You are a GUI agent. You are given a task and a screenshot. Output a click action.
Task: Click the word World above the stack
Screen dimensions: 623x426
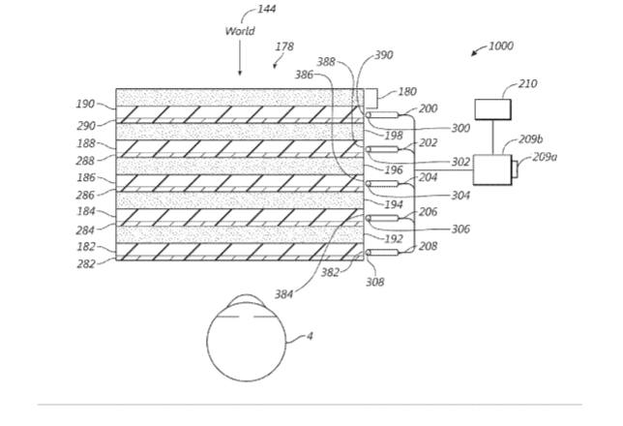click(240, 31)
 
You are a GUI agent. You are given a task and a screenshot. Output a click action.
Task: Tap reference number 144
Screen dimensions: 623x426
click(267, 9)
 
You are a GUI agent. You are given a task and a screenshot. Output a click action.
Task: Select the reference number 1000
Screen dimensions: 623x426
click(501, 46)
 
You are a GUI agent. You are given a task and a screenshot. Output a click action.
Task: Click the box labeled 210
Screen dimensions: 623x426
click(493, 109)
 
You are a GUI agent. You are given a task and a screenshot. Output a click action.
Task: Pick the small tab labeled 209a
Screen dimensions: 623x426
click(516, 169)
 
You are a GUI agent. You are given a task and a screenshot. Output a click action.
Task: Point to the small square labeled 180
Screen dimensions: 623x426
click(371, 98)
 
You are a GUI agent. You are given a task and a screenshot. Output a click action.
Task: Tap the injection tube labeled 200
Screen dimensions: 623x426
click(382, 115)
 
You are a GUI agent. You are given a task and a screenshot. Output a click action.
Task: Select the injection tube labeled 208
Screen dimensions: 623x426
click(382, 253)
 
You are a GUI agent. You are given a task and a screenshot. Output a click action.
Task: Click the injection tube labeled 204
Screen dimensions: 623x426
click(382, 184)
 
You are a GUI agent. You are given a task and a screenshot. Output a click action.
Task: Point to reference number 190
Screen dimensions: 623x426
click(85, 104)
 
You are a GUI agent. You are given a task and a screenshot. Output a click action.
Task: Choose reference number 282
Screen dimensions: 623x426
click(86, 263)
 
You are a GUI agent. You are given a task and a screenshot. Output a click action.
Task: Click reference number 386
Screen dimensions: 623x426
click(304, 75)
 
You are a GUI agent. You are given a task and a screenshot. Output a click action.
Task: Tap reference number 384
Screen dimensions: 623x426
click(284, 294)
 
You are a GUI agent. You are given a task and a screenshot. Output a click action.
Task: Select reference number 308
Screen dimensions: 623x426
click(375, 282)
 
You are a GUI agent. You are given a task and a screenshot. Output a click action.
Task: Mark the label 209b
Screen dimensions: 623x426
click(531, 139)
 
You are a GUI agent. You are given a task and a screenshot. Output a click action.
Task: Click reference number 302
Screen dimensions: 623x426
click(460, 162)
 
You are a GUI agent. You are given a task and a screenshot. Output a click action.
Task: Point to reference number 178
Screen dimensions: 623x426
click(284, 46)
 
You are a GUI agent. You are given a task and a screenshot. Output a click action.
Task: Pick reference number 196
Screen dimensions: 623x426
click(394, 169)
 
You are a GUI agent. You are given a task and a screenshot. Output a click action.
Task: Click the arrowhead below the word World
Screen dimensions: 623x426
click(240, 73)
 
